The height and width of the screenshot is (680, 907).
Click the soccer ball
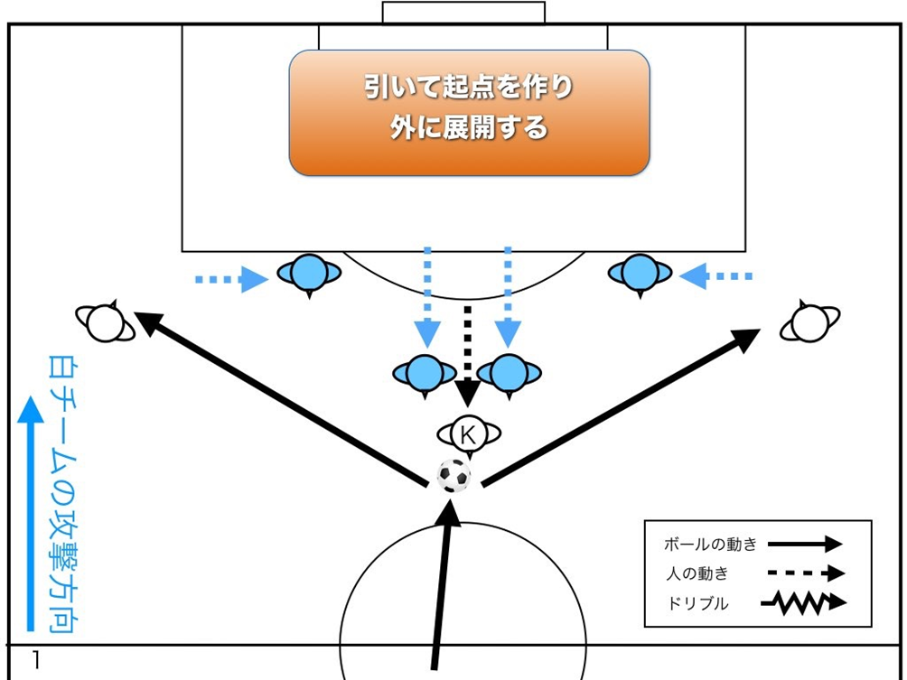click(x=453, y=475)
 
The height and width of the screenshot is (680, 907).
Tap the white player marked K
click(x=468, y=434)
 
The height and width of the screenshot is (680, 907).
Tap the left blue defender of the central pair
click(x=424, y=371)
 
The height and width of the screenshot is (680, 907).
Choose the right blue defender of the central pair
click(x=508, y=371)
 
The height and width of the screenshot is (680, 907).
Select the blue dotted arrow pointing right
click(x=232, y=280)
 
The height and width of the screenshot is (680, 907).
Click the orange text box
click(x=469, y=112)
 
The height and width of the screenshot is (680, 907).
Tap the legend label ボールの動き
click(x=709, y=545)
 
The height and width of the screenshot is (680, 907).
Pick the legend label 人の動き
click(x=697, y=573)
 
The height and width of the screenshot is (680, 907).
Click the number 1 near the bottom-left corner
click(x=36, y=660)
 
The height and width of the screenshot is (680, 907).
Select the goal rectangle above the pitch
click(x=463, y=13)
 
